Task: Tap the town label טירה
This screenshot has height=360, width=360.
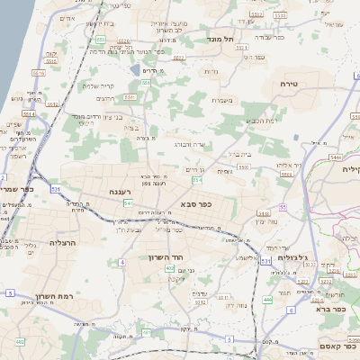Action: pos(301,83)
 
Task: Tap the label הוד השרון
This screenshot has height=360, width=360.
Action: pos(166,256)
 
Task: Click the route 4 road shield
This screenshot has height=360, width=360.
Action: pos(121,262)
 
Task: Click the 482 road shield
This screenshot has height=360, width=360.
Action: pos(20,342)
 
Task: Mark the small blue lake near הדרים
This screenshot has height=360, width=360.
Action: pos(134,69)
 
